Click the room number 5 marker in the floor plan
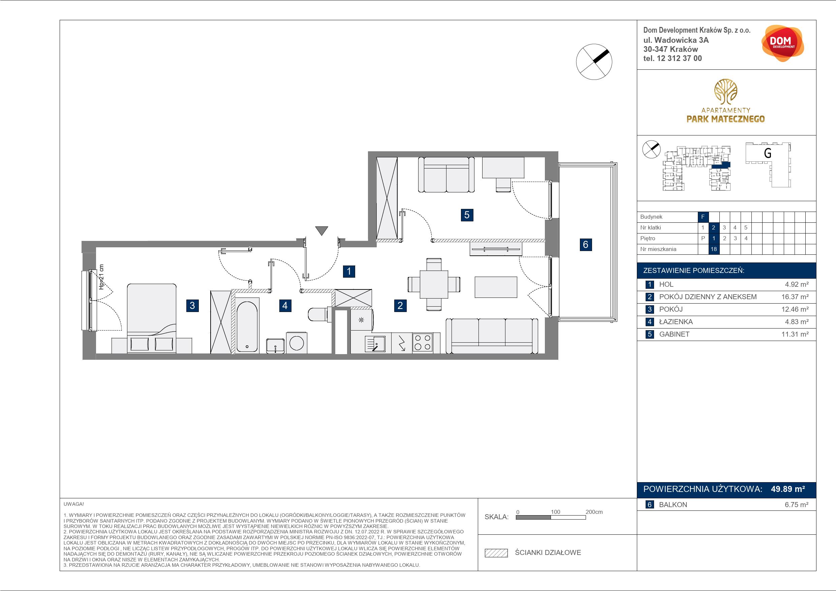coord(467,215)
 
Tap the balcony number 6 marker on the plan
coord(586,244)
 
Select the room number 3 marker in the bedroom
coord(192,305)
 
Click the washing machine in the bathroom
coord(297,342)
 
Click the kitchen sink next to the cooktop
coord(375,344)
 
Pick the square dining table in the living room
coord(433,284)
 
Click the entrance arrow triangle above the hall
coord(321,230)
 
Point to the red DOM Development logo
coord(782,43)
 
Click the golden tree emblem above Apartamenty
coord(726,91)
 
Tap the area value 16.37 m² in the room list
coord(795,297)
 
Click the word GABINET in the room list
coord(674,334)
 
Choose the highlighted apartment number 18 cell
coord(713,249)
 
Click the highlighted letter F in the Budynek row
coord(703,217)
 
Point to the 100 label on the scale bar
coord(555,511)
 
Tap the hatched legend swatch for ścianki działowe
coord(496,553)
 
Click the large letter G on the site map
coord(768,153)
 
